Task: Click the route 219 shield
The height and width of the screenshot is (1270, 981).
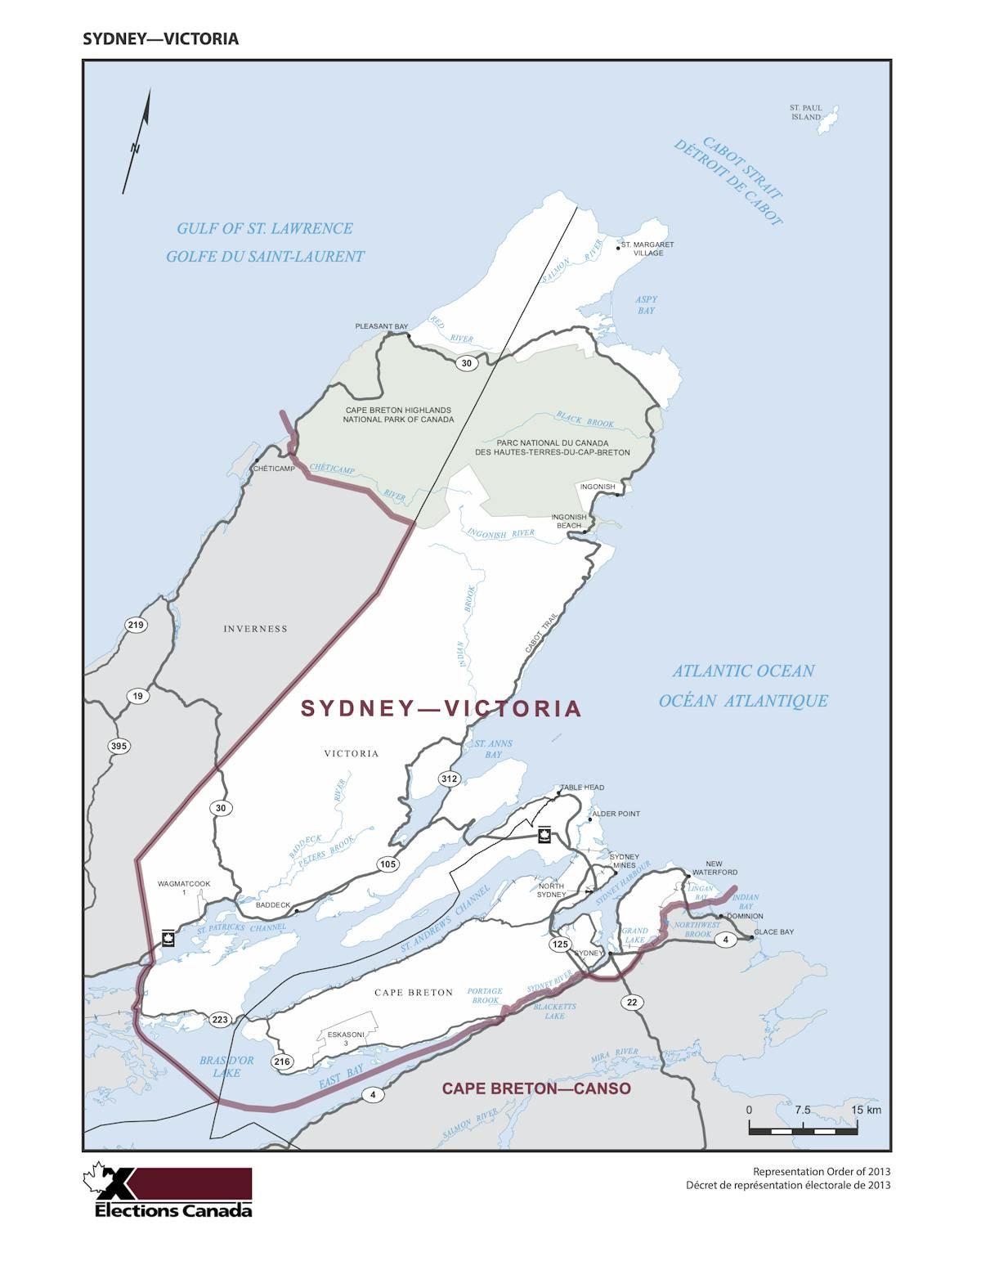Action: pyautogui.click(x=136, y=626)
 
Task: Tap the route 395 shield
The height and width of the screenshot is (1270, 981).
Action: pyautogui.click(x=119, y=746)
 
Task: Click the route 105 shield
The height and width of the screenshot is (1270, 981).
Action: pyautogui.click(x=387, y=864)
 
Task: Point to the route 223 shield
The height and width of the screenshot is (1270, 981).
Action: pyautogui.click(x=220, y=1019)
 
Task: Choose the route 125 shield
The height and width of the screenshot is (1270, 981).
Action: pyautogui.click(x=559, y=945)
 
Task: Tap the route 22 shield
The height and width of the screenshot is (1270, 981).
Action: pyautogui.click(x=631, y=1003)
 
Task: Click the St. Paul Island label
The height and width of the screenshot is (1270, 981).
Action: pyautogui.click(x=805, y=112)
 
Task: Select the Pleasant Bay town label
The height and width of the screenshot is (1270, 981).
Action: pyautogui.click(x=381, y=326)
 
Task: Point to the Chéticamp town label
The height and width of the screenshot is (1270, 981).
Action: pyautogui.click(x=274, y=469)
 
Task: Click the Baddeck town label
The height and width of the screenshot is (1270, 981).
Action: pyautogui.click(x=273, y=905)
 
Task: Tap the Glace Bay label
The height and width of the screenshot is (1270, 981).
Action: pyautogui.click(x=773, y=931)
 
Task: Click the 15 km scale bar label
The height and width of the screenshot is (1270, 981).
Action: pyautogui.click(x=866, y=1110)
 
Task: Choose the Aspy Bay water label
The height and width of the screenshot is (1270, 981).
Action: pyautogui.click(x=646, y=305)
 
